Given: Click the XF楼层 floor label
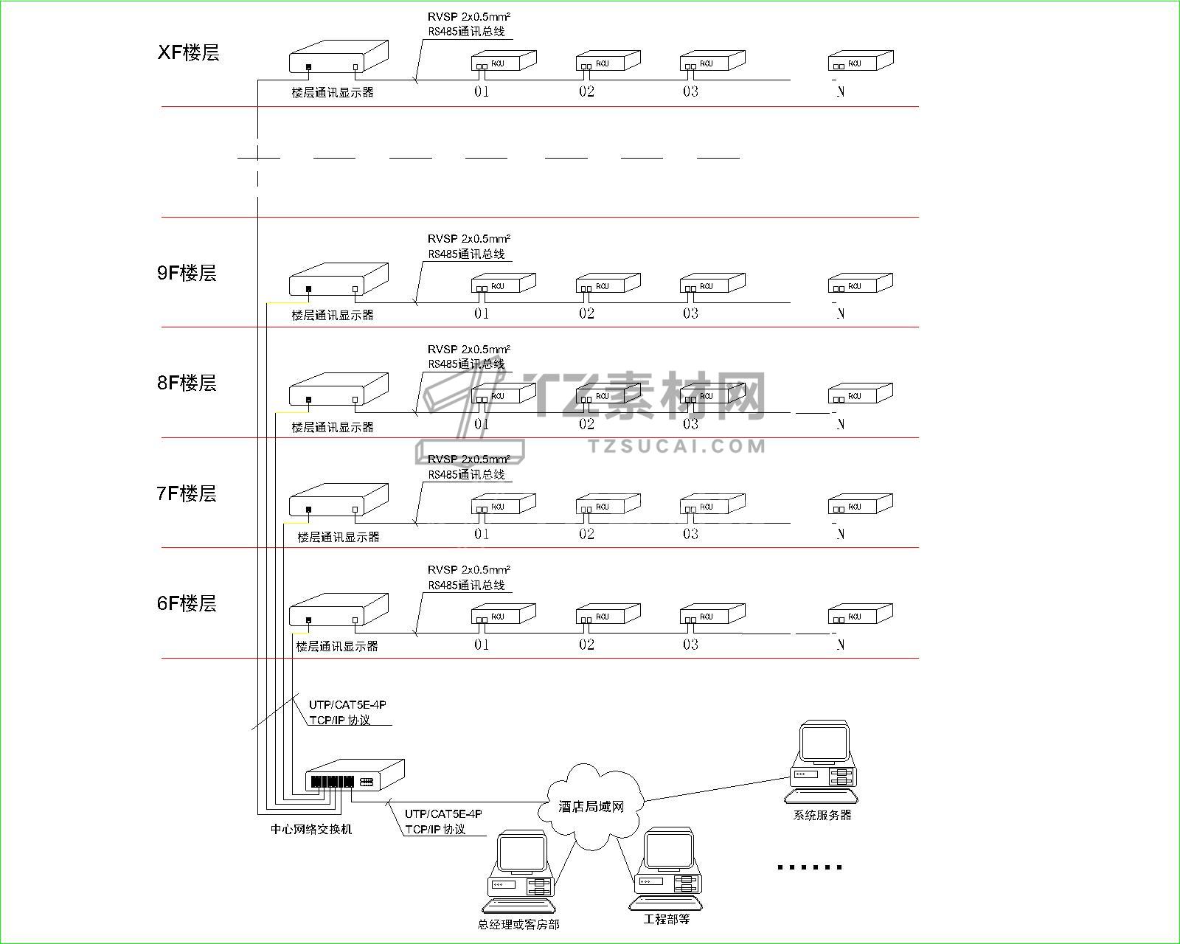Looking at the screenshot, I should pos(189,53).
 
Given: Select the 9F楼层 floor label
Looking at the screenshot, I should pos(187,273).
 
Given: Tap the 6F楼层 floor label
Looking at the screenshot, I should pos(187,603).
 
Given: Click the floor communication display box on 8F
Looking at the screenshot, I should pos(338,390).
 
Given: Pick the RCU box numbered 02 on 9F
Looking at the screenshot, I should pos(608,284).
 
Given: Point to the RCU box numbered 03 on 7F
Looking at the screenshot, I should pos(712,504).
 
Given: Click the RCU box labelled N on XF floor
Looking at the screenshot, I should pos(860,61).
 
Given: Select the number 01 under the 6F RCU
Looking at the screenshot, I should pos(482,645).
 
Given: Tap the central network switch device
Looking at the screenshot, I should pos(354,777).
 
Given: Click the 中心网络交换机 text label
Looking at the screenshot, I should pos(311,829).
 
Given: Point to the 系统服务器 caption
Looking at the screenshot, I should pos(822,815).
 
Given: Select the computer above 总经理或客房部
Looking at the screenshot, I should pos(521,871).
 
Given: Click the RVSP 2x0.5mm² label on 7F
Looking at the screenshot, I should pos(469,459).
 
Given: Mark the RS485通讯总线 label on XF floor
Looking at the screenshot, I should pos(467,32).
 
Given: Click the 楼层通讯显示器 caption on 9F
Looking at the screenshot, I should pos(333,315).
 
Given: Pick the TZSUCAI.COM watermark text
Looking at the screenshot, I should pos(677,445).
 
